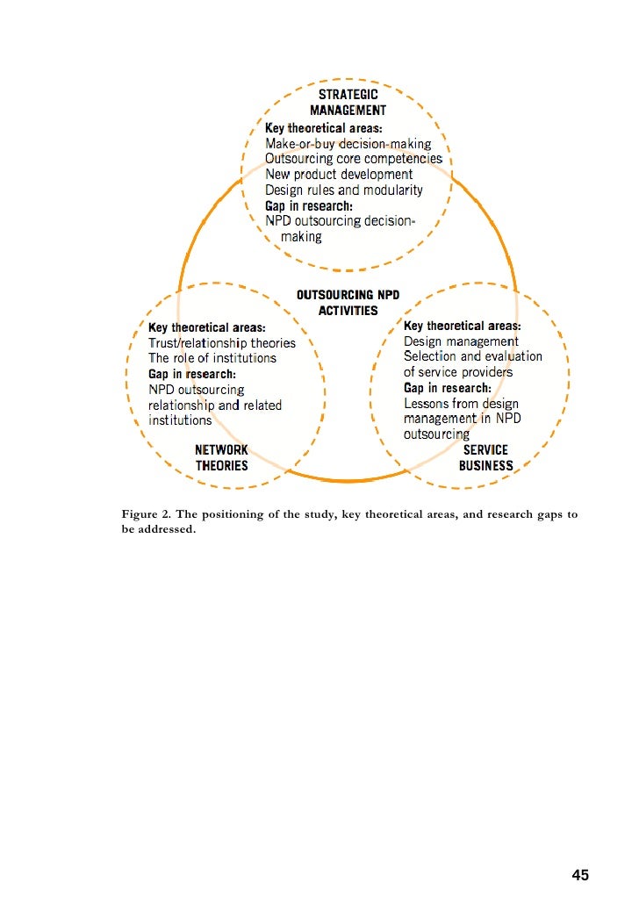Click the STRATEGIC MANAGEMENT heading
click(348, 103)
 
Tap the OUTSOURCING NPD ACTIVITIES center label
click(348, 303)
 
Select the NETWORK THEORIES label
click(221, 458)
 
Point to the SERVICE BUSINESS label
click(485, 458)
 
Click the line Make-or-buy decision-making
click(348, 143)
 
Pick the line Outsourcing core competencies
click(354, 159)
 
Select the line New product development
click(339, 175)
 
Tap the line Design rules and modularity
click(344, 190)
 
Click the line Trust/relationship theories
click(222, 343)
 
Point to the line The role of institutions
click(212, 358)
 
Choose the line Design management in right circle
click(461, 341)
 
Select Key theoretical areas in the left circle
click(207, 327)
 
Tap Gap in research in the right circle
click(448, 388)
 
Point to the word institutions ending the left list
click(180, 420)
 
